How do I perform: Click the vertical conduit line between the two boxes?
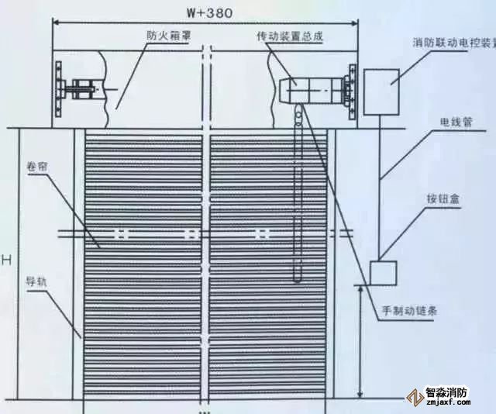pyautogui.click(x=380, y=186)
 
